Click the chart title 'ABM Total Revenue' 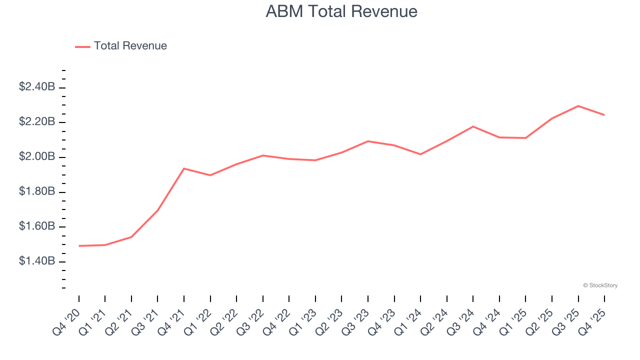pyautogui.click(x=341, y=11)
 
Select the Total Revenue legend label pyautogui.click(x=130, y=46)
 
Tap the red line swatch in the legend pyautogui.click(x=82, y=46)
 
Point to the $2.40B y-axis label pyautogui.click(x=37, y=87)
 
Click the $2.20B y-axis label pyautogui.click(x=37, y=122)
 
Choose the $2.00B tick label pyautogui.click(x=37, y=157)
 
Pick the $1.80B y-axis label pyautogui.click(x=37, y=192)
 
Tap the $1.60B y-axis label pyautogui.click(x=37, y=227)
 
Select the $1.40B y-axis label pyautogui.click(x=37, y=261)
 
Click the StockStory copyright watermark pyautogui.click(x=600, y=285)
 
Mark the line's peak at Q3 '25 pyautogui.click(x=578, y=106)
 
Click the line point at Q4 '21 pyautogui.click(x=184, y=168)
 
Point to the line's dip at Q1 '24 pyautogui.click(x=420, y=154)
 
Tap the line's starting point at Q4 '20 pyautogui.click(x=79, y=246)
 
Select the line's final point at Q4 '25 pyautogui.click(x=604, y=115)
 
